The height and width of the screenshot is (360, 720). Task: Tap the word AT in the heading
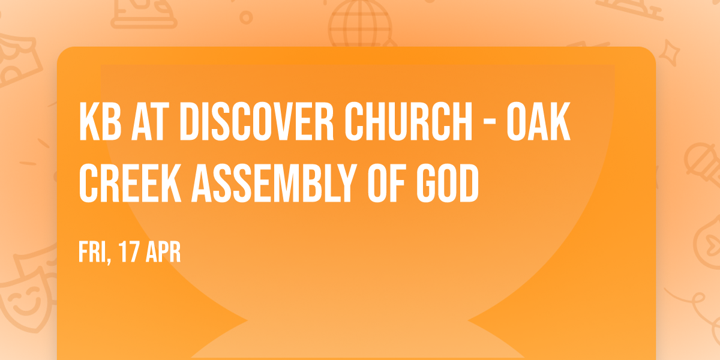[x=152, y=122]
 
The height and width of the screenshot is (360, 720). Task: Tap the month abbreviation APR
[x=163, y=253]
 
